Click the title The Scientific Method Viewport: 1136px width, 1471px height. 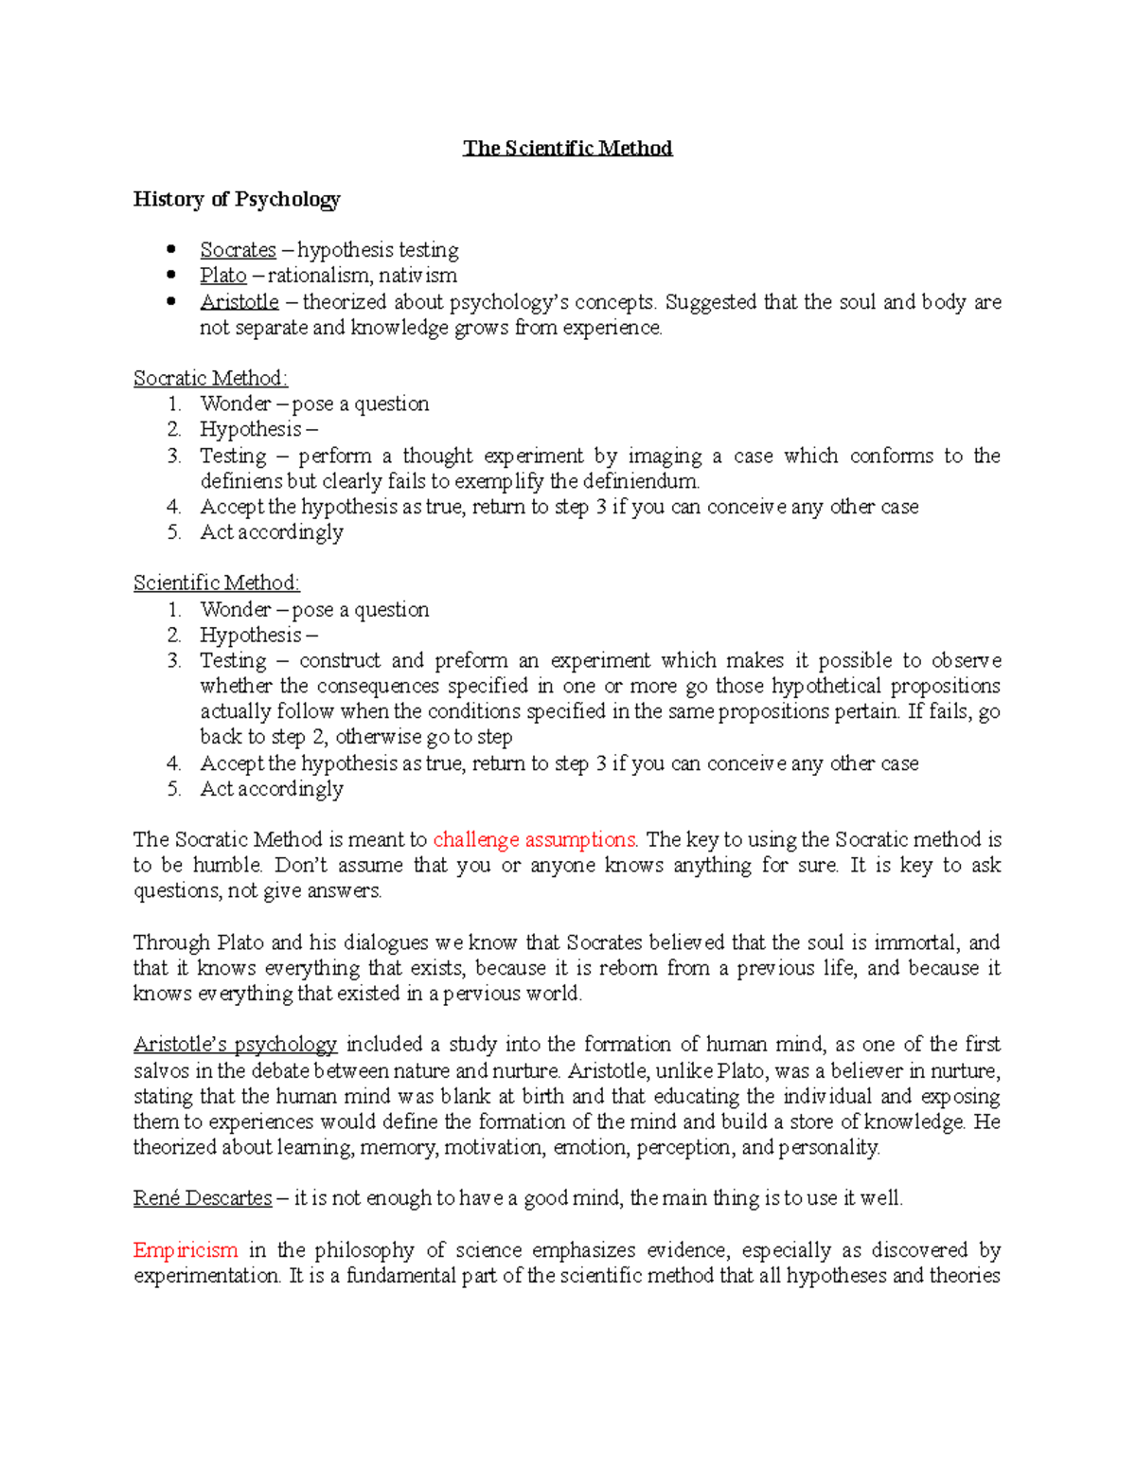point(567,148)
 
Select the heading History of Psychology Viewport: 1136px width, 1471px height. point(237,199)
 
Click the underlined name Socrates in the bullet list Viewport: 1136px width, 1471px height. point(238,250)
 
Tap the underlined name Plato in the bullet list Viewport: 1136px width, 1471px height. point(222,276)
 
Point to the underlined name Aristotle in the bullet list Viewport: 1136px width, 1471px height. point(239,302)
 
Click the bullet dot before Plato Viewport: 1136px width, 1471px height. point(171,276)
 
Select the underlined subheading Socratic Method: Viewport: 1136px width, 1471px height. point(210,378)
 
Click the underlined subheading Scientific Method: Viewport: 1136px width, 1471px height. point(216,583)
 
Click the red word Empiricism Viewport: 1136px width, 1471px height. point(186,1250)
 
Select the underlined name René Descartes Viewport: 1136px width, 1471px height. point(203,1198)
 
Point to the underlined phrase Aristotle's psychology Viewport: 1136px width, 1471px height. point(235,1045)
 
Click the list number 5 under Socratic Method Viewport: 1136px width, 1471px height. point(174,532)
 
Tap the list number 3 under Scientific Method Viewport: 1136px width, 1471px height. point(174,660)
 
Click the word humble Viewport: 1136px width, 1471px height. point(227,865)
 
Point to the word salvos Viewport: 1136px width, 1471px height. point(161,1071)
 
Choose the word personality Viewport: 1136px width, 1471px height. point(828,1148)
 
